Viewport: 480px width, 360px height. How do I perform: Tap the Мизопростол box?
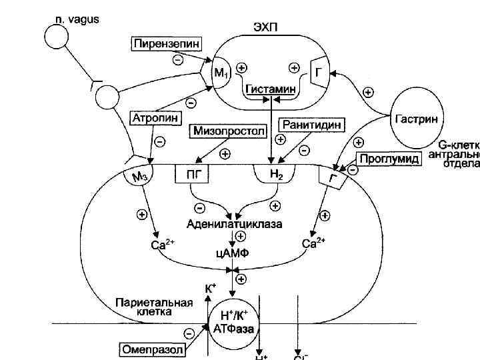pos(228,131)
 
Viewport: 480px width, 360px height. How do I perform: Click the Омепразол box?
pos(150,348)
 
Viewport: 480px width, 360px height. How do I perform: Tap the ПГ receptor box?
pos(192,175)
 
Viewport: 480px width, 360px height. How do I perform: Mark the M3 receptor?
pos(138,176)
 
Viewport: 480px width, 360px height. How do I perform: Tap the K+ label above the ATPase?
pos(210,289)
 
